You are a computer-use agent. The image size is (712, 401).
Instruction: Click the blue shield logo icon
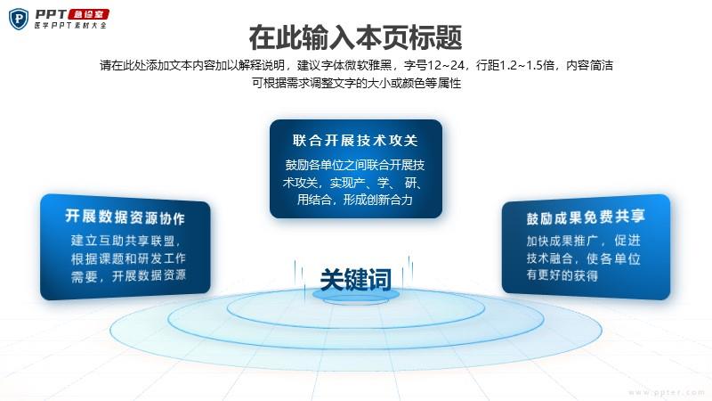tap(19, 19)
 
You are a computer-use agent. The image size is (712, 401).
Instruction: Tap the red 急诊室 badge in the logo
tap(88, 14)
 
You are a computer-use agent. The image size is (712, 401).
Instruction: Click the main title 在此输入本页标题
tap(355, 37)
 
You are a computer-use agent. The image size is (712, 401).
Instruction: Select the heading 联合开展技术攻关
tap(355, 141)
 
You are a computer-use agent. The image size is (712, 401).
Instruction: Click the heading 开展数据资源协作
tap(125, 217)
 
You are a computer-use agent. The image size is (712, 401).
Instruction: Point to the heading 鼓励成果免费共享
tap(586, 217)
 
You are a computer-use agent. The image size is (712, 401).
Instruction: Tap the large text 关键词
tap(355, 279)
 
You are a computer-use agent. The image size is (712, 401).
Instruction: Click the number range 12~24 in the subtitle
tap(446, 65)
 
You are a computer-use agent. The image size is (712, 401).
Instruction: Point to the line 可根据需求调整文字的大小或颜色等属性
tap(357, 83)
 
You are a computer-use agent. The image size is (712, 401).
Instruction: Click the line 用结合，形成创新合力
tap(354, 200)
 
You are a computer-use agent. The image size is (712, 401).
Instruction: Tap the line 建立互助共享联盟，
tap(125, 241)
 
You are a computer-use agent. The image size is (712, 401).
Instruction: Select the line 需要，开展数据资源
tap(128, 275)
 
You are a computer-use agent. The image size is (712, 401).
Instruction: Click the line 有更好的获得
tap(562, 275)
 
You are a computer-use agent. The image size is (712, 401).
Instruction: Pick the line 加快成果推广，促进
tap(584, 241)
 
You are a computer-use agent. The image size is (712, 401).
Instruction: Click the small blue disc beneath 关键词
tap(356, 295)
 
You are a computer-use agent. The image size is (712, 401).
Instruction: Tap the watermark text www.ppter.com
tap(666, 392)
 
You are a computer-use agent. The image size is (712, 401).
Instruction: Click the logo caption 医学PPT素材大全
tap(70, 26)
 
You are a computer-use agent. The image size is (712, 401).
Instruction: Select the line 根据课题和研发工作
tap(128, 258)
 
